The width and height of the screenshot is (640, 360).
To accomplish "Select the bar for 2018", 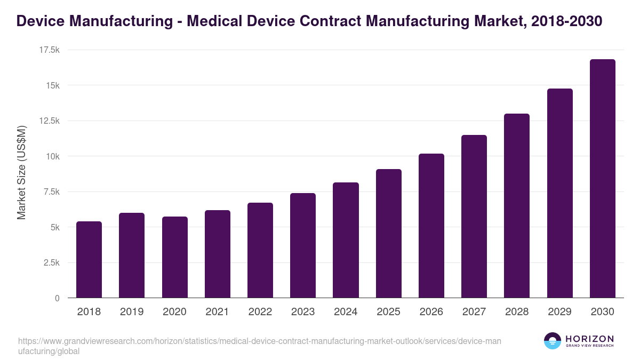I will (x=89, y=260).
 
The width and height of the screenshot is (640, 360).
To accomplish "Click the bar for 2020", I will (x=174, y=257).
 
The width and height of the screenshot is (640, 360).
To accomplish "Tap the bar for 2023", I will (x=303, y=245).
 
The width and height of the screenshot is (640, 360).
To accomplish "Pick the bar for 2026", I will (x=431, y=226).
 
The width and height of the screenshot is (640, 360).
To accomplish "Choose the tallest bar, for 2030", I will (x=602, y=179).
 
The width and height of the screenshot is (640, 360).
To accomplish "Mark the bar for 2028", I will (x=517, y=206).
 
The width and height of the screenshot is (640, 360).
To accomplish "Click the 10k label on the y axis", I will (x=52, y=156).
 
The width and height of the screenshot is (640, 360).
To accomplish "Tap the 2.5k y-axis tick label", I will (x=50, y=263).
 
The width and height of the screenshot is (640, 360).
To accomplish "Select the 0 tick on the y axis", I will (x=57, y=298).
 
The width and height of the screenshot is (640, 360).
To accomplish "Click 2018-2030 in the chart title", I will (x=567, y=21).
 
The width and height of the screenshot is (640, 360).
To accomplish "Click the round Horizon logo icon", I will (x=552, y=341).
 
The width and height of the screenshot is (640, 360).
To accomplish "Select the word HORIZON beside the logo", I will (x=589, y=339).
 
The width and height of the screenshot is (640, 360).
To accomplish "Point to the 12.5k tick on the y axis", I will (x=48, y=121).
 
